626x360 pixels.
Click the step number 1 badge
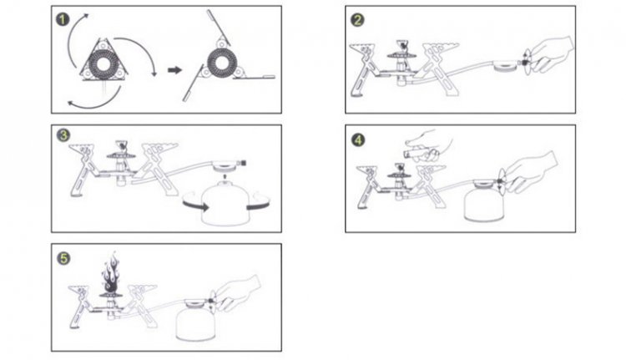coord(63,19)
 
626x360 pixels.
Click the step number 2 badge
coord(357,19)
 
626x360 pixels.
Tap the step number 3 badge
coord(63,135)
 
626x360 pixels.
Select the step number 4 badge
coord(358,139)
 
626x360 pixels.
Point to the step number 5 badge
coord(63,258)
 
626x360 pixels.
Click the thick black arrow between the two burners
coord(174,70)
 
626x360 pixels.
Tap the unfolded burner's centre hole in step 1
coord(221,63)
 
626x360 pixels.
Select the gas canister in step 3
coord(220,202)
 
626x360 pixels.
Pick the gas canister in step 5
coord(194,320)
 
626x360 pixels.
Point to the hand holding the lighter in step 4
coord(429,145)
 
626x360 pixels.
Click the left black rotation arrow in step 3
coord(195,205)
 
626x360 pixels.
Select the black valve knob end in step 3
coord(243,163)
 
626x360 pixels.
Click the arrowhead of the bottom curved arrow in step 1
coord(71,104)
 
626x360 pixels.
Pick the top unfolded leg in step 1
coord(218,28)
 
